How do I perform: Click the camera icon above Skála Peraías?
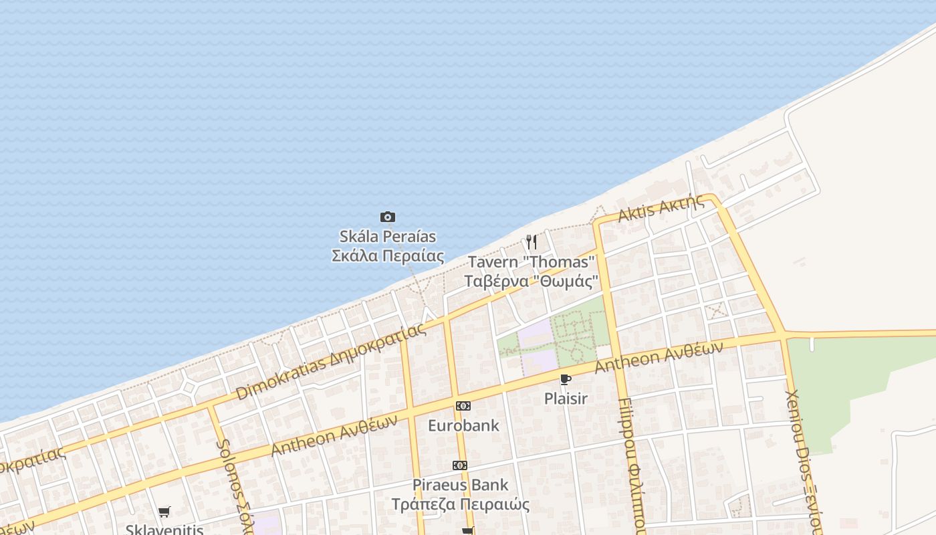[x=388, y=217]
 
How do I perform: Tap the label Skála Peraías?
[x=388, y=236]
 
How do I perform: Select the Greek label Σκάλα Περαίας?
[x=388, y=255]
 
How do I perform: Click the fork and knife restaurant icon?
[x=532, y=241]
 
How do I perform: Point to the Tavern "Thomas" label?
[x=532, y=261]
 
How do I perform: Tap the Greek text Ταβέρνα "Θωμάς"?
[x=532, y=281]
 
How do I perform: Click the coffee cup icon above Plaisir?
[x=566, y=380]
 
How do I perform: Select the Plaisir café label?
[x=566, y=399]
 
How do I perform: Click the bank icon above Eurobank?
[x=463, y=406]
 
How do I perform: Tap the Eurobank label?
[x=463, y=425]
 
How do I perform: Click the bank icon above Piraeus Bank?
[x=460, y=465]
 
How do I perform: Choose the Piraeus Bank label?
[x=460, y=484]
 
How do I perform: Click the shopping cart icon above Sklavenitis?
[x=164, y=512]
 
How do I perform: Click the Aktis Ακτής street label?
[x=661, y=209]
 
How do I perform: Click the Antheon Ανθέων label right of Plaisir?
[x=659, y=357]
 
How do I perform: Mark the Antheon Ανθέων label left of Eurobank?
[x=334, y=435]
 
